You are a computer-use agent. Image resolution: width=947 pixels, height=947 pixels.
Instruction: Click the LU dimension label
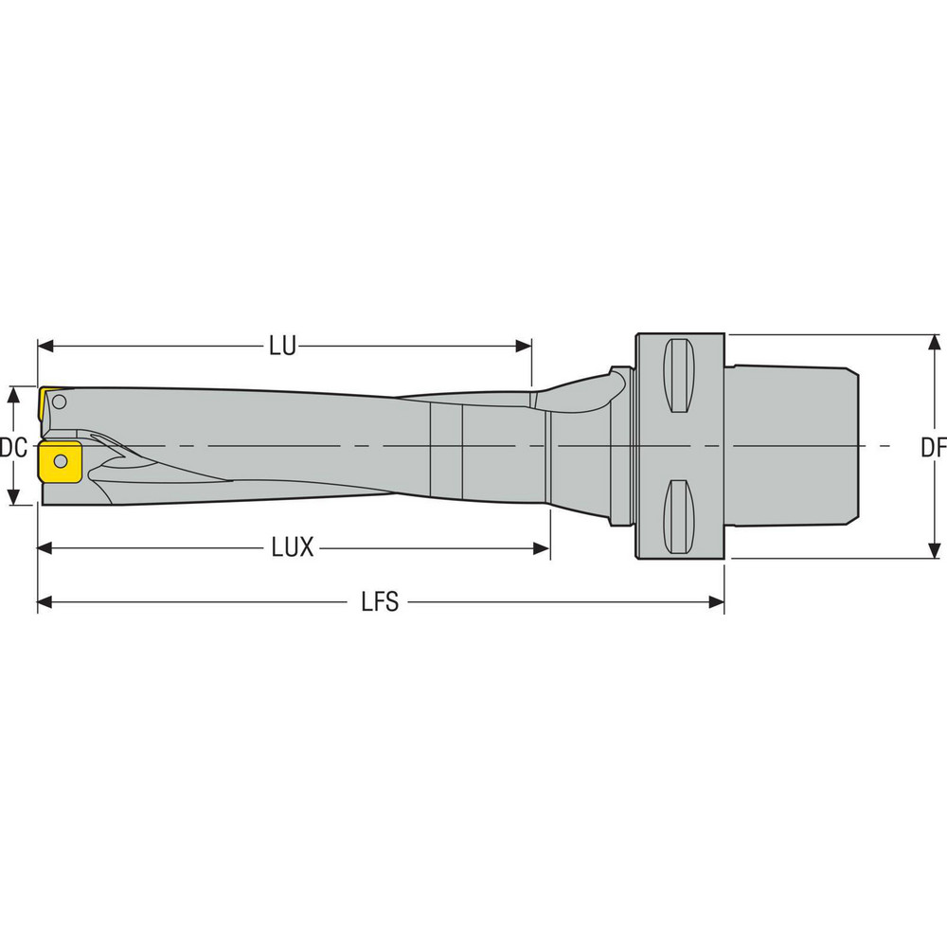click(281, 347)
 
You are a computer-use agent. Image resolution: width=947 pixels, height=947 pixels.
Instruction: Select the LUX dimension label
click(294, 548)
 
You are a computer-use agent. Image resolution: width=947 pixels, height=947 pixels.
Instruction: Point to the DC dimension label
click(12, 446)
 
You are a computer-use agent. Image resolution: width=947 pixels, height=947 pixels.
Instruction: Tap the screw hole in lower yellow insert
click(61, 461)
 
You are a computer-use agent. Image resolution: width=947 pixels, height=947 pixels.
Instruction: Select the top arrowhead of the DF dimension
click(934, 343)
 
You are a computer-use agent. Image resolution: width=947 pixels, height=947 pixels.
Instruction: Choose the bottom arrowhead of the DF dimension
click(934, 549)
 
